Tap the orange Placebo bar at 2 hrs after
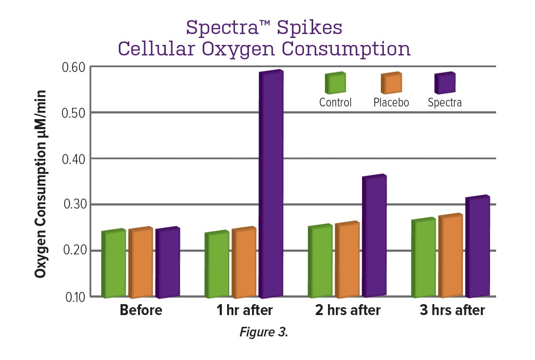tap(349, 260)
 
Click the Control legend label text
tap(335, 103)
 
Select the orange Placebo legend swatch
tap(391, 83)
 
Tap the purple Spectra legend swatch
tap(445, 83)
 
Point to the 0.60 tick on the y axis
tap(77, 67)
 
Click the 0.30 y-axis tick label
tap(77, 204)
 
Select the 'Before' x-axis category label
tap(141, 310)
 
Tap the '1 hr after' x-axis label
tap(245, 310)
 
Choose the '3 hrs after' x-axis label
tap(452, 310)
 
